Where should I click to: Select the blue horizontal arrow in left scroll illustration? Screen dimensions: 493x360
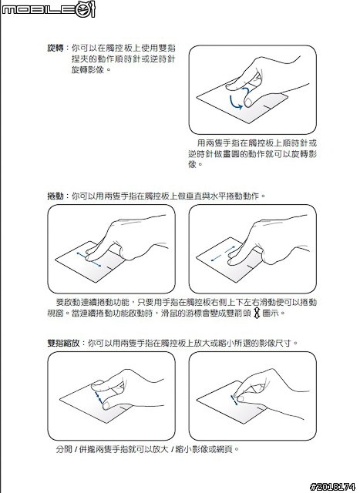click(90, 257)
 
